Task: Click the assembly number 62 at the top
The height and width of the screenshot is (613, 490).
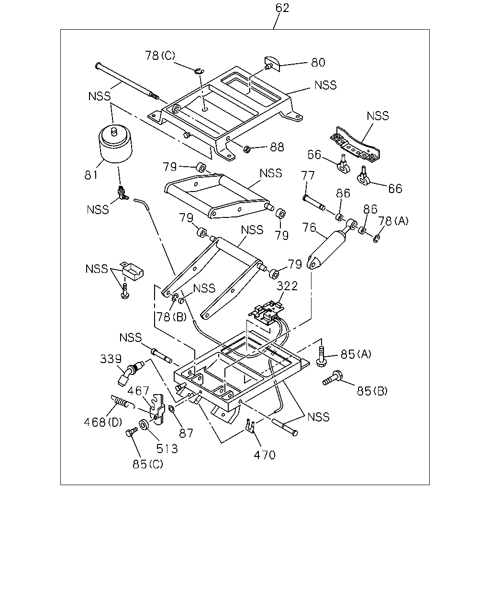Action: (282, 8)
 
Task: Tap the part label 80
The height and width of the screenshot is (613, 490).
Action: (318, 62)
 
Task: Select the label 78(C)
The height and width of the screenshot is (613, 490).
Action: (160, 55)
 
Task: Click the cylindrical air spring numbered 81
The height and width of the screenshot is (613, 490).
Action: (115, 144)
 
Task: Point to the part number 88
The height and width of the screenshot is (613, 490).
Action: (277, 148)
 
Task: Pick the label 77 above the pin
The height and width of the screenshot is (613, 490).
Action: (308, 175)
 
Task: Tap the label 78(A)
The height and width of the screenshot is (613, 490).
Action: (393, 221)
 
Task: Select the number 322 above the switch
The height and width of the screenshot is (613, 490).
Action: (287, 286)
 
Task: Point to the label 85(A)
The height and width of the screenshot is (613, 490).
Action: (356, 354)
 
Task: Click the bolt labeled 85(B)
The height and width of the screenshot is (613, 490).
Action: (332, 378)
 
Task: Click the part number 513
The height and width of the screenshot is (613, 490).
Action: (167, 449)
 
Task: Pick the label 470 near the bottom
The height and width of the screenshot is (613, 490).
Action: (265, 455)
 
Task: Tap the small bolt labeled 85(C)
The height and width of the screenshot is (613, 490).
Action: (131, 432)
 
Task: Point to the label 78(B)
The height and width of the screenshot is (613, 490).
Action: (172, 317)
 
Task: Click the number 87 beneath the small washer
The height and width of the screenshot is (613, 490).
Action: (186, 433)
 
